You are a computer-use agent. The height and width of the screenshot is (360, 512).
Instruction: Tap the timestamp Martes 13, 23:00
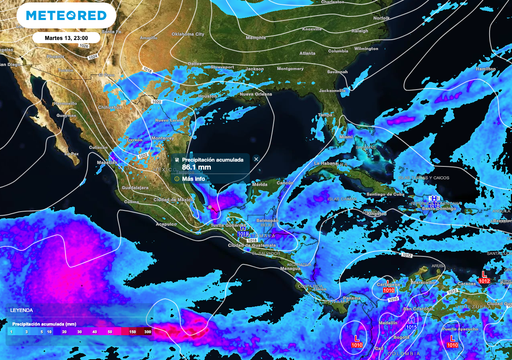click(65, 37)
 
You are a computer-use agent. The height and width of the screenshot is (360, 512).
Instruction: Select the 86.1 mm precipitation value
click(197, 167)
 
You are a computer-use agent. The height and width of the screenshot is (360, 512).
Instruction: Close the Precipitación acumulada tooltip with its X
click(255, 158)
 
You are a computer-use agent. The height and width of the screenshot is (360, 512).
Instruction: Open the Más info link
click(194, 179)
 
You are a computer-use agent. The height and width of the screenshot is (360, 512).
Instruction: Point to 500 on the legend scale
click(148, 330)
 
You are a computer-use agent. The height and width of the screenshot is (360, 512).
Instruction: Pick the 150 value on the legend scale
click(132, 330)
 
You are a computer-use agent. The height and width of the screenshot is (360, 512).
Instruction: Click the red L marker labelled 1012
click(484, 276)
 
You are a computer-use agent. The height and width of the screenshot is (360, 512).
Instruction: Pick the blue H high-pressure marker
click(434, 200)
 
